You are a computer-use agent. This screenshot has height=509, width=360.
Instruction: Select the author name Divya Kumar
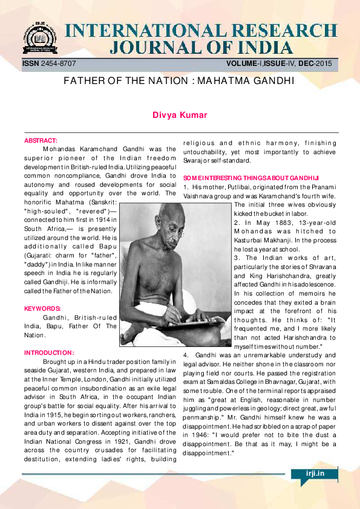pos(179,115)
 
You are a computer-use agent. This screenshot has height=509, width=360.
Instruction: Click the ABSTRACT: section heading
pos(41,141)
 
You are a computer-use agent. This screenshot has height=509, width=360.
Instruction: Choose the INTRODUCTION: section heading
pos(49,352)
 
